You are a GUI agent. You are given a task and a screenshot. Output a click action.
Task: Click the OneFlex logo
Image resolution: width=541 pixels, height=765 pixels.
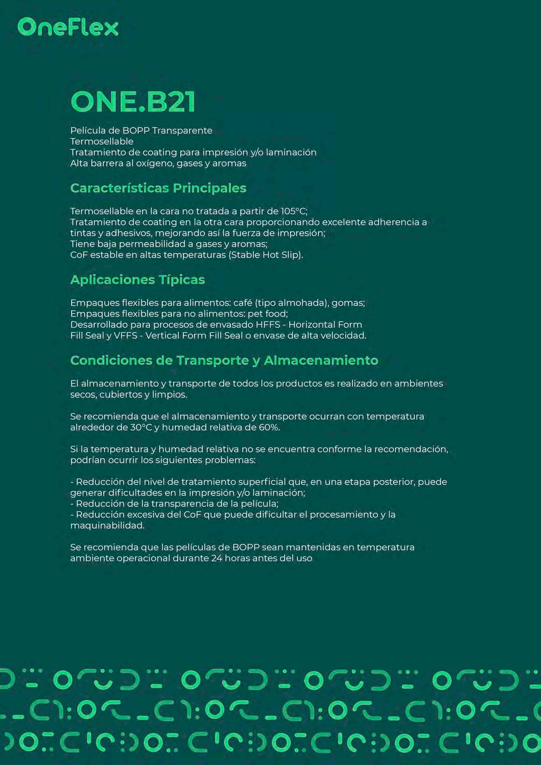click(68, 27)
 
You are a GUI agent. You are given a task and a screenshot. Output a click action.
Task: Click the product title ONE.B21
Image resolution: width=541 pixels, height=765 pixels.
click(133, 102)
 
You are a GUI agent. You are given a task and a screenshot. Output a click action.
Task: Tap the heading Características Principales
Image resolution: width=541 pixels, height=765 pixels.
click(158, 188)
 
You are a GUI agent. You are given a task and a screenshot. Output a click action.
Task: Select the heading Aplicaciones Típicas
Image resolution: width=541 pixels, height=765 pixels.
click(137, 280)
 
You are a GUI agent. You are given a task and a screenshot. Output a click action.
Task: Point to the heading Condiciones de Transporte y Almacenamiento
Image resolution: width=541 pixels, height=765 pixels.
click(224, 360)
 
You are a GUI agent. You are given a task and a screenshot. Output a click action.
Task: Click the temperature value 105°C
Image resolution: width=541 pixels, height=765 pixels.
click(294, 212)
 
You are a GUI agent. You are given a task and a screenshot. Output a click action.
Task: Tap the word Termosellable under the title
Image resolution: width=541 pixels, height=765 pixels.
click(102, 141)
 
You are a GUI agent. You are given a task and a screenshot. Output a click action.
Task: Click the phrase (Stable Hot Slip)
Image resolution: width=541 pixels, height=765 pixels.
click(266, 255)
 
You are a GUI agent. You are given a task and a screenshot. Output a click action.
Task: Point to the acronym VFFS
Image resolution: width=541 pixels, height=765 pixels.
click(125, 336)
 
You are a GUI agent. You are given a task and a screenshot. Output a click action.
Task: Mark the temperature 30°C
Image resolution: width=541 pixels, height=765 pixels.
click(141, 427)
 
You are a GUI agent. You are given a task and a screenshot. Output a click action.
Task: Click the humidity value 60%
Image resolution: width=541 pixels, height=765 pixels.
click(269, 427)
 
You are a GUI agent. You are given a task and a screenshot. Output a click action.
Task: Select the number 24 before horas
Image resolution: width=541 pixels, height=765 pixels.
click(217, 558)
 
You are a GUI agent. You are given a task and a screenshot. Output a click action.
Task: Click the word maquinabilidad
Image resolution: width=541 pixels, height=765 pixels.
click(107, 526)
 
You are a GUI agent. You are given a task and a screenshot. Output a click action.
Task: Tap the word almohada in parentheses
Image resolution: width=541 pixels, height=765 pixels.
click(302, 303)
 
